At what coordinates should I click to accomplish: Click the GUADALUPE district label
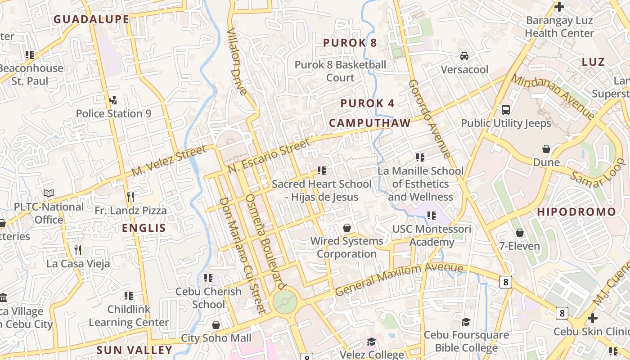point(91,19)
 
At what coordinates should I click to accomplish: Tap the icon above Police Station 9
point(113,100)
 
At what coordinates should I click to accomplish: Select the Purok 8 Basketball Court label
point(340,71)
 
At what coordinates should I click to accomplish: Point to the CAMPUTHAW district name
point(369,123)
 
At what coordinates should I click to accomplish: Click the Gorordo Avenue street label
point(430,119)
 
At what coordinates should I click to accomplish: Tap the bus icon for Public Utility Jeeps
point(506,109)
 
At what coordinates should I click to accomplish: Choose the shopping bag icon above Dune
point(546,149)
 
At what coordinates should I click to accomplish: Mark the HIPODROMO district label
point(576,211)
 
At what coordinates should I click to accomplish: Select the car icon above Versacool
point(464,56)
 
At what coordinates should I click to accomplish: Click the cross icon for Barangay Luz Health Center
point(559,7)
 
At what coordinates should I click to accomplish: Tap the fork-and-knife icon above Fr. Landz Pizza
point(130,197)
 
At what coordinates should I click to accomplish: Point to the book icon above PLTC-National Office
point(49,193)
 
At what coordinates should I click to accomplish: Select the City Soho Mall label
point(216,338)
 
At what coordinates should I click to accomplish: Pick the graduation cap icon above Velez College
point(371,342)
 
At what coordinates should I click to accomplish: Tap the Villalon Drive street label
point(237,62)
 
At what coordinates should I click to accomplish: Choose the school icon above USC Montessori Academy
point(432,216)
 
